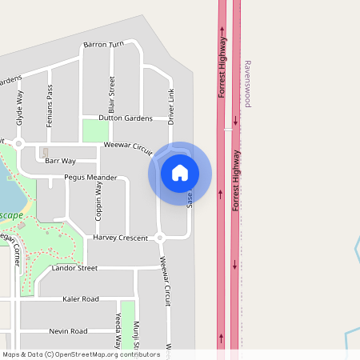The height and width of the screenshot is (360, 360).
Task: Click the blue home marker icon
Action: (x=180, y=173)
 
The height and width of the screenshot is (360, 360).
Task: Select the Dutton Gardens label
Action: (x=125, y=118)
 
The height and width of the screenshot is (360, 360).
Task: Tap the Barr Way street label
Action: (x=60, y=161)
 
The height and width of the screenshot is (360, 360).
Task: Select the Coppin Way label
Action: (x=99, y=200)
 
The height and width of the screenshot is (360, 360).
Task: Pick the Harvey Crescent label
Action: (x=121, y=238)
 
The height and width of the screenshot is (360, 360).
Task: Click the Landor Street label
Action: (x=74, y=268)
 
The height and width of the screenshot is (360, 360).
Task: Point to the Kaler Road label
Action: (x=80, y=298)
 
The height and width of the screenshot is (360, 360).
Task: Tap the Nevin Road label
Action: (x=68, y=330)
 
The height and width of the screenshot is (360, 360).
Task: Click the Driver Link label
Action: (x=170, y=106)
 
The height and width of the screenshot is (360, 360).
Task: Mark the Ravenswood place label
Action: (x=248, y=83)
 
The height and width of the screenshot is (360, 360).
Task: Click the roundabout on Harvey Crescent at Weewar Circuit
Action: (x=160, y=238)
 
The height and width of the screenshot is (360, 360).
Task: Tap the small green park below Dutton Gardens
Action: (x=95, y=130)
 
